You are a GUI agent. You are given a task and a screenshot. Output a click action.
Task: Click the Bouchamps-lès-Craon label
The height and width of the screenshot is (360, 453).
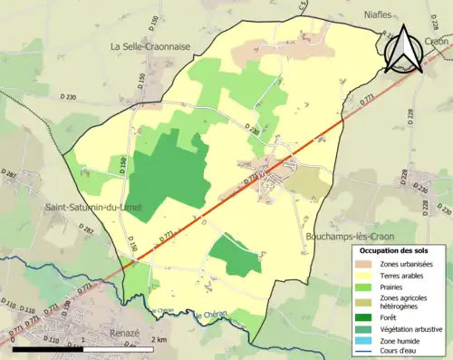[345, 236]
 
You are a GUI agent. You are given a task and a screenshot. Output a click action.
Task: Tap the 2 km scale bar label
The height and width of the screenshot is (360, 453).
[159, 339]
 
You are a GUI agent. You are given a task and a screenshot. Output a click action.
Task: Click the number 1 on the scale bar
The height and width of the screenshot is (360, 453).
[83, 339]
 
